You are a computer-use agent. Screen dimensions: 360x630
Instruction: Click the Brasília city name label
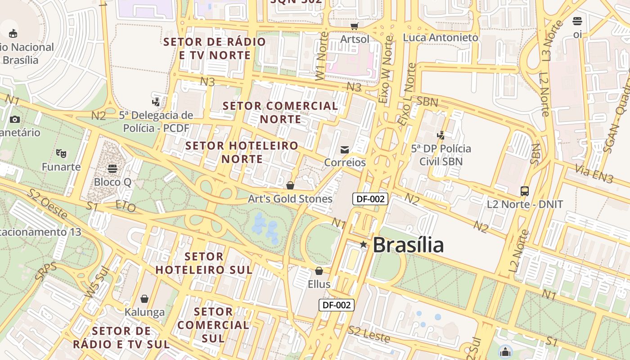[x=408, y=245]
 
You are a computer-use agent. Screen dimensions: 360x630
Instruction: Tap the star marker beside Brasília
[x=363, y=244]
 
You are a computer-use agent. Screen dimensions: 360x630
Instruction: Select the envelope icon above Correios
[x=345, y=150]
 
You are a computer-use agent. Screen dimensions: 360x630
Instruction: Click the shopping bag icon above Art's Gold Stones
[x=290, y=185]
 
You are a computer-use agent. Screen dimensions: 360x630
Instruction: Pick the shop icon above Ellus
[x=319, y=271]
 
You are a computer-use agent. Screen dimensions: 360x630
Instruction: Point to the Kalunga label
[x=144, y=312]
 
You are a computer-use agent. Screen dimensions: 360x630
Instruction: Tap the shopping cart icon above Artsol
[x=355, y=26]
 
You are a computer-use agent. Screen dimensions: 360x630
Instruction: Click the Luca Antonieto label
[x=441, y=38]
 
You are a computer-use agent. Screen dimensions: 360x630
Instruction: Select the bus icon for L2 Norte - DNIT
[x=525, y=191]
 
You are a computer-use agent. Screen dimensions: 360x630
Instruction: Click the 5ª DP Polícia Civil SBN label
[x=441, y=155]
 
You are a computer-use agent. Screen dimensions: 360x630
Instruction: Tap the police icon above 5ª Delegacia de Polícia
[x=156, y=102]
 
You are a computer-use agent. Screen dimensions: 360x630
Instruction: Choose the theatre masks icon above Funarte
[x=61, y=153]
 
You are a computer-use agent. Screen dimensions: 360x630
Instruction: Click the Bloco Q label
[x=112, y=182]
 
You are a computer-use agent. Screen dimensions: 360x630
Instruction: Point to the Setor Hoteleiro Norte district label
[x=242, y=152]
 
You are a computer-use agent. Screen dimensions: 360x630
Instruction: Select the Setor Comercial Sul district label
[x=213, y=324]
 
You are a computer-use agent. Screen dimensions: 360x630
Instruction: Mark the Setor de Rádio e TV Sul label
[x=121, y=337]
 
